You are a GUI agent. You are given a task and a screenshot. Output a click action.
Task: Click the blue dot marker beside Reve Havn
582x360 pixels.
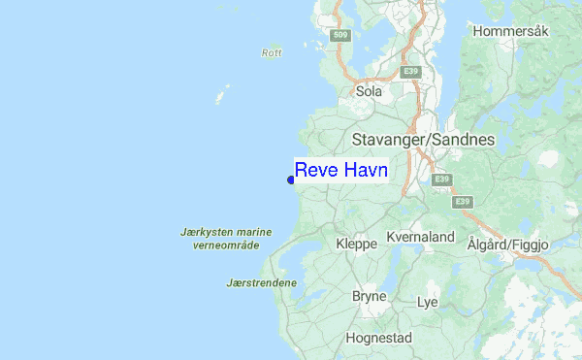click(291, 179)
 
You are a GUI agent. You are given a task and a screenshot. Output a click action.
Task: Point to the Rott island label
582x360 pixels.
click(272, 52)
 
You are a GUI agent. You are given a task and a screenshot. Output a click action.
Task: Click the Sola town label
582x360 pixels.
click(370, 91)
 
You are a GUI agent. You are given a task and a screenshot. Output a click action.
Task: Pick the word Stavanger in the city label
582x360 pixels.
click(390, 140)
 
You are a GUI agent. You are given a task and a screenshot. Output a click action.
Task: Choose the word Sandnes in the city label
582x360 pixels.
click(464, 140)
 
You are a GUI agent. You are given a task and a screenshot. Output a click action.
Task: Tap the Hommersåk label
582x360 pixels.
click(511, 31)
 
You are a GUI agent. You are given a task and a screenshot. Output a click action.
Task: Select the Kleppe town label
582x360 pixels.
click(356, 244)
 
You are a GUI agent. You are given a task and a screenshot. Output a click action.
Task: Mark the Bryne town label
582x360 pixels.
click(369, 296)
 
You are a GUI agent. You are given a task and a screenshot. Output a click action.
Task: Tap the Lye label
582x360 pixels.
click(427, 303)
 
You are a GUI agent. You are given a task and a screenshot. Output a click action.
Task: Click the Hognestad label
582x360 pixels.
click(378, 339)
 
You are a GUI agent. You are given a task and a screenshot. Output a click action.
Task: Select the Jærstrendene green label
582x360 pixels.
click(261, 283)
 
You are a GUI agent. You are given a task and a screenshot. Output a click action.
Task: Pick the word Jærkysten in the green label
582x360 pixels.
click(206, 233)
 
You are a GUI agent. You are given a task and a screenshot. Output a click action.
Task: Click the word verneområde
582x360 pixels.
click(226, 245)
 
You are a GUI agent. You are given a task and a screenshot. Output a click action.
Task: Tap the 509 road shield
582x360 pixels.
click(339, 36)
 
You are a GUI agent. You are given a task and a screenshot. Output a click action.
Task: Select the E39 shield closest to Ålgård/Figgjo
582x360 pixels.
click(463, 201)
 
